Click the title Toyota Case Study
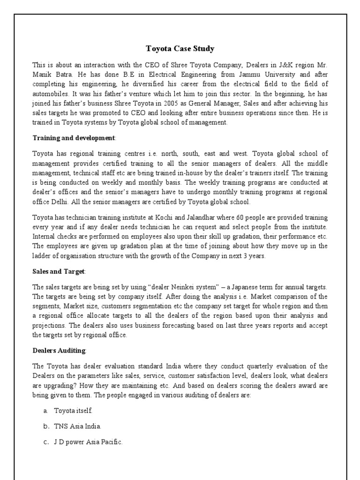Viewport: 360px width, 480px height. pyautogui.click(x=180, y=48)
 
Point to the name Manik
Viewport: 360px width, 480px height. pyautogui.click(x=43, y=74)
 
